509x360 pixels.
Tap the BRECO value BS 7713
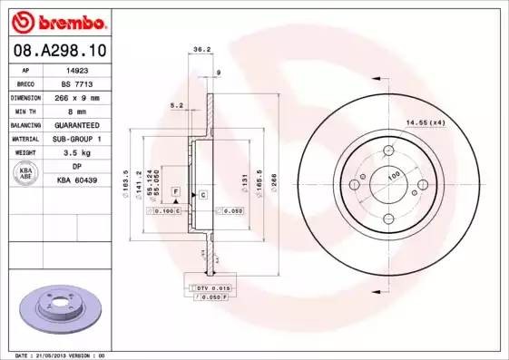point(77,82)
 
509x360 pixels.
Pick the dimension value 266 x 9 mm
point(77,95)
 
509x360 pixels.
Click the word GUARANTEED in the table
point(77,124)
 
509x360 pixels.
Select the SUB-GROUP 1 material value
point(77,138)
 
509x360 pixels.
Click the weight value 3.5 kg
point(77,152)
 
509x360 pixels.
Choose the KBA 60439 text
point(77,180)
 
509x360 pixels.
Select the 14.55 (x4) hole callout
point(425,122)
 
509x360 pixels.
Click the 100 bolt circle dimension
point(393,175)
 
